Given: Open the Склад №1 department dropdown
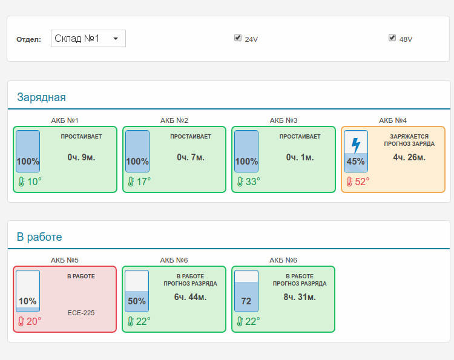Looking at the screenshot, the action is coord(88,38).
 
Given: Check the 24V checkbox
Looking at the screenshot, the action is coord(238,38).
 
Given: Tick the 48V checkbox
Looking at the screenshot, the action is coord(392,38).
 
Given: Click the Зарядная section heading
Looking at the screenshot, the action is coord(41,97).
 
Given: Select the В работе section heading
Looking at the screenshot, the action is coord(39,237).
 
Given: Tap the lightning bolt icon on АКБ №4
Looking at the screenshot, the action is coord(356,145).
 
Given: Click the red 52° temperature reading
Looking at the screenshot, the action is coord(362,182).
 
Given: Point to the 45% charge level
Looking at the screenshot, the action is coord(355,161).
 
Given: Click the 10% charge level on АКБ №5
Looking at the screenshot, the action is coord(27,301).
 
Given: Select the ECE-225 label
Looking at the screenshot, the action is coord(81,313).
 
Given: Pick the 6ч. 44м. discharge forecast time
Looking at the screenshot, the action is coord(190,297).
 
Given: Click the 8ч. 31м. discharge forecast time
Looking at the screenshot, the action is coord(300,297).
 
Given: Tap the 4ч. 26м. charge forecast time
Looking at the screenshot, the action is coord(409,157).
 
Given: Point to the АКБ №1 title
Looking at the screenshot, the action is coord(65,120).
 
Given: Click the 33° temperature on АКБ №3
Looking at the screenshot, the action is coord(253,182).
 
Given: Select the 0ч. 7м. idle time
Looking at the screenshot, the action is coord(191,157).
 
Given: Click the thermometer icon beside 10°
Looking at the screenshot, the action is coord(21,182).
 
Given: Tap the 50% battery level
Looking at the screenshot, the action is coord(137,301).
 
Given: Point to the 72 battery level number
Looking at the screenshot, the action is coord(246,301).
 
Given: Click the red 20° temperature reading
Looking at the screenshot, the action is coord(33,321).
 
